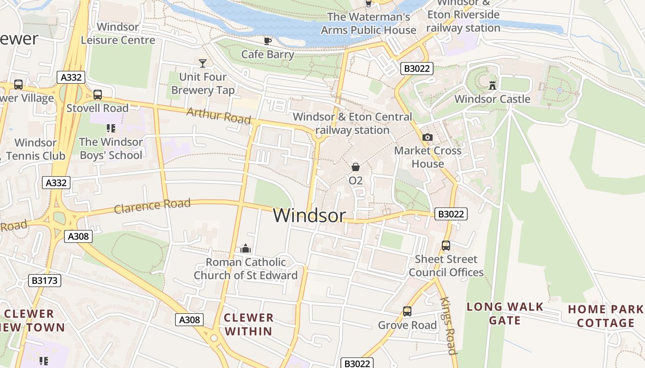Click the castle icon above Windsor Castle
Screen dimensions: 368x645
point(493,85)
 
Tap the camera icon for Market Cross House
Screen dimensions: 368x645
point(428,137)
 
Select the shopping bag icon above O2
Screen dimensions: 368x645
point(356,167)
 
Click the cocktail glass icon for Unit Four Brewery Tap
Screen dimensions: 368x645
point(202,63)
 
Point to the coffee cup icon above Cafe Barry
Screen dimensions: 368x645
point(268,41)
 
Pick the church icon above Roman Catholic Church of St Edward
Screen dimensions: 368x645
point(246,249)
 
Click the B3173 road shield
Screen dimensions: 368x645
point(45,280)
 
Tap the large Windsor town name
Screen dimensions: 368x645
point(309,215)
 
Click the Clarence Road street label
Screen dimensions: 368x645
point(152,205)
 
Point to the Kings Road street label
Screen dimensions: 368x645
point(448,326)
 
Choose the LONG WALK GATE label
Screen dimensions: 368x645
point(505,314)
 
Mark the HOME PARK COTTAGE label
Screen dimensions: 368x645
point(605,316)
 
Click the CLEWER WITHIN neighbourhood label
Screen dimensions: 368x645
point(249,324)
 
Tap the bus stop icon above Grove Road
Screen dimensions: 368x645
point(407,311)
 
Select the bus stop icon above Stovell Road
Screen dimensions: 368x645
point(98,95)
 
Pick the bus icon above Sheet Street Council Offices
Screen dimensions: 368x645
point(446,246)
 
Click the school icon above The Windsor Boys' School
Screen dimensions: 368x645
point(111,128)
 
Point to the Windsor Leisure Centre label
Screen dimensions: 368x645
point(118,34)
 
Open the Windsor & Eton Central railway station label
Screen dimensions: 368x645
point(352,123)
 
